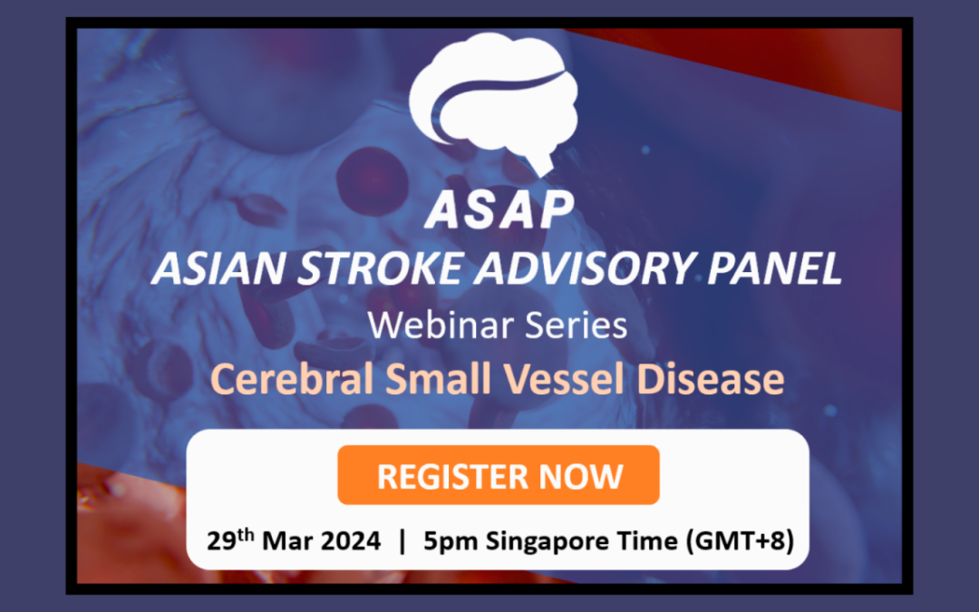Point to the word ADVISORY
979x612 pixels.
[561, 268]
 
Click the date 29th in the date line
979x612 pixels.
[230, 541]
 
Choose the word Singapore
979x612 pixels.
[547, 542]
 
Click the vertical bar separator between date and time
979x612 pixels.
[403, 542]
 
